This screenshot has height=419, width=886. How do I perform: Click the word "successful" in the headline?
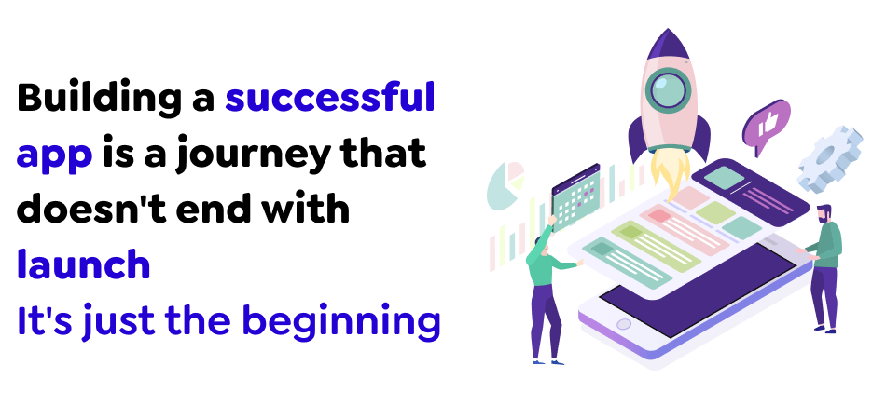tap(330, 98)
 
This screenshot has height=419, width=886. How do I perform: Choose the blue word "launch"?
tap(83, 265)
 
